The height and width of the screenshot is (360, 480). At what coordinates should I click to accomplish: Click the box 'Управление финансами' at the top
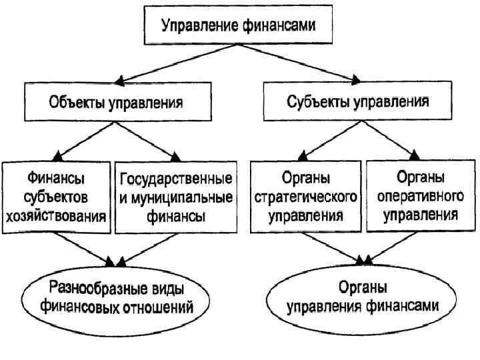click(237, 27)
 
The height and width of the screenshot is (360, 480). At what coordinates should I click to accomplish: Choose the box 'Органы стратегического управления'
click(305, 198)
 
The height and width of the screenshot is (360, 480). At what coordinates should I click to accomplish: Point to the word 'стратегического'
click(305, 198)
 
